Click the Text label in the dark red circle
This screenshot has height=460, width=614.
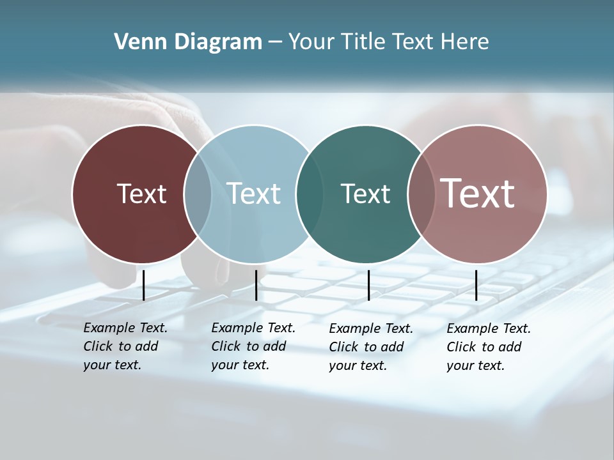click(x=141, y=194)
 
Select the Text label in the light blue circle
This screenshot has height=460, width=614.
click(x=253, y=194)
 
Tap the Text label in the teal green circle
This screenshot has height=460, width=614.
click(x=365, y=194)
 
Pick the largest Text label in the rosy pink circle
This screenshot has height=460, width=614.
click(x=477, y=194)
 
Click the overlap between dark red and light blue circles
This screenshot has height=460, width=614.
click(x=198, y=194)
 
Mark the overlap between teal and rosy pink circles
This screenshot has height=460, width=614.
click(x=421, y=194)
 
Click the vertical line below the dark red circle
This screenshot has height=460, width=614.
click(x=144, y=285)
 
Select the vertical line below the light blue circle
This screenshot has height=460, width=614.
click(x=256, y=285)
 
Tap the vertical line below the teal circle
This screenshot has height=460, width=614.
click(x=368, y=285)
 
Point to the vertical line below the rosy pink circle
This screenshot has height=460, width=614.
click(x=476, y=285)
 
